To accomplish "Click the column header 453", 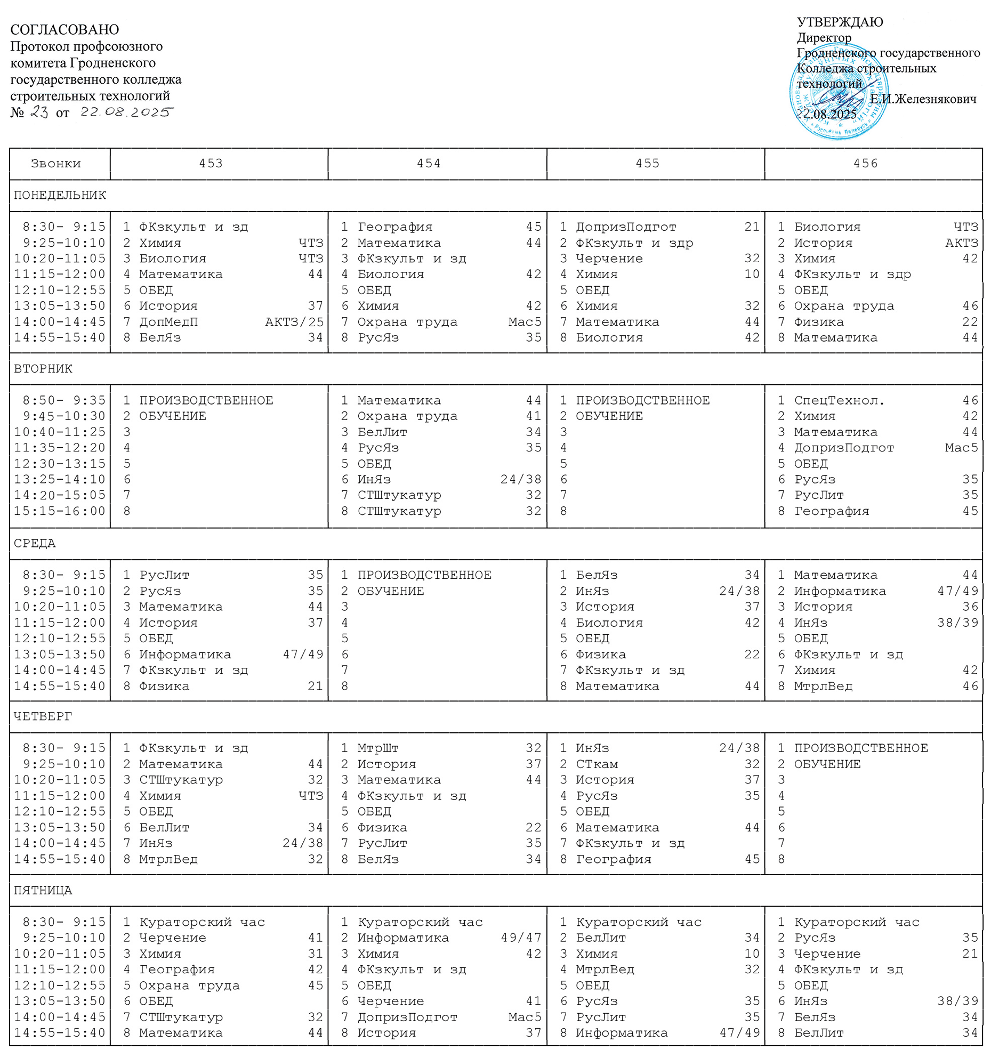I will (211, 163).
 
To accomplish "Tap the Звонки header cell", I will (56, 163).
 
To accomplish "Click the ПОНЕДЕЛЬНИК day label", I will (60, 195).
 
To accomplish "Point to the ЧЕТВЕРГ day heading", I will (43, 716).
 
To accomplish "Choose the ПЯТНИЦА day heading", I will (43, 890).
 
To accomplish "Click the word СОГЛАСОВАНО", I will (65, 29).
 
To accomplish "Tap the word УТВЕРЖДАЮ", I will (840, 22).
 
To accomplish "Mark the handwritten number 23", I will (39, 112).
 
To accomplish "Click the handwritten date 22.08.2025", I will (127, 112).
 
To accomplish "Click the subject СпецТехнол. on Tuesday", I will (839, 400).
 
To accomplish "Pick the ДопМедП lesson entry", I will (168, 322).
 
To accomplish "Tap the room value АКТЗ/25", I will (294, 322).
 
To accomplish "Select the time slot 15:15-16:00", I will (60, 511).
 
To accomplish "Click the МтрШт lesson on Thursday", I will (378, 748).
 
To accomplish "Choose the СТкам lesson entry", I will (597, 764).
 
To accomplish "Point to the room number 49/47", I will (521, 938).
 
